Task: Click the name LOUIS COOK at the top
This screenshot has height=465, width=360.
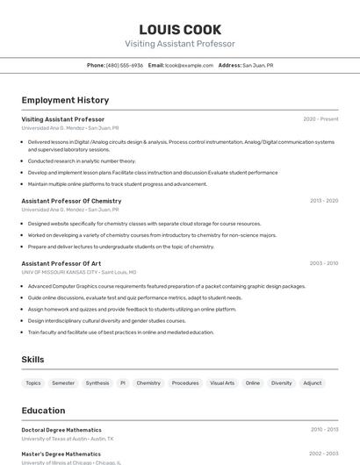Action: point(180,30)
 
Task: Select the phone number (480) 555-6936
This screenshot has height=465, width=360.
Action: point(124,65)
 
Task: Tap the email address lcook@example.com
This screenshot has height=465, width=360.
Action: point(189,65)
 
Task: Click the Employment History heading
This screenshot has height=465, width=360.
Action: point(65,100)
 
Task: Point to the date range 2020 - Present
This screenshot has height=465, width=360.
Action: point(320,119)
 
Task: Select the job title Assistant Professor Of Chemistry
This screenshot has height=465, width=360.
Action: point(71,201)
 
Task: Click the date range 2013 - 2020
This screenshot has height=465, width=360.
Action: point(323,201)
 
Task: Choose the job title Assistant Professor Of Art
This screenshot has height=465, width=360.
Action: point(61,263)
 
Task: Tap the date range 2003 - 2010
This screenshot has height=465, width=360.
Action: point(323,263)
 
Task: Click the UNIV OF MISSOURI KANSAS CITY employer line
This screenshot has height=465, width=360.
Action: point(79,272)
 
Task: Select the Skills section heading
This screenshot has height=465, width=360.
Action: point(32,360)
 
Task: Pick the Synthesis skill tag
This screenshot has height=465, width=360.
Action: point(97,383)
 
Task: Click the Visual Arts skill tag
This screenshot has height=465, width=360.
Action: point(222,383)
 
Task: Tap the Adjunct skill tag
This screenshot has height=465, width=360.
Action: point(313,383)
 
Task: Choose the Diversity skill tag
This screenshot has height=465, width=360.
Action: point(281,383)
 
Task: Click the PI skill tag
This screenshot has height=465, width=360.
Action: point(123,383)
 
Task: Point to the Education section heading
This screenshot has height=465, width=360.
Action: point(43,411)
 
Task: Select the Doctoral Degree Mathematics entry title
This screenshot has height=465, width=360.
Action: point(61,430)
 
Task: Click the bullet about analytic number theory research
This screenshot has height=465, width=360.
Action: point(82,161)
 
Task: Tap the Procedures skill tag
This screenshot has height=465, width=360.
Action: point(185,383)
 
